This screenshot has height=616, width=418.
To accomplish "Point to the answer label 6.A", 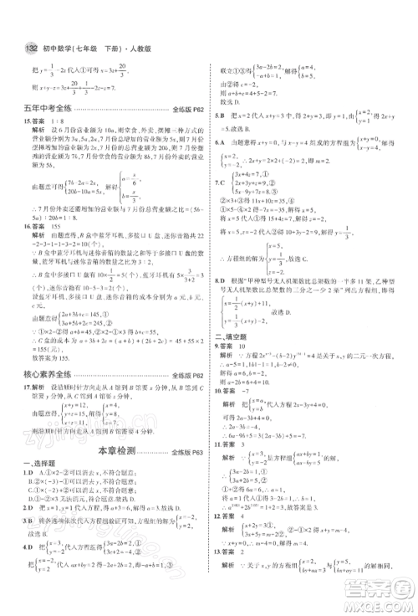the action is pos(220,142).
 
